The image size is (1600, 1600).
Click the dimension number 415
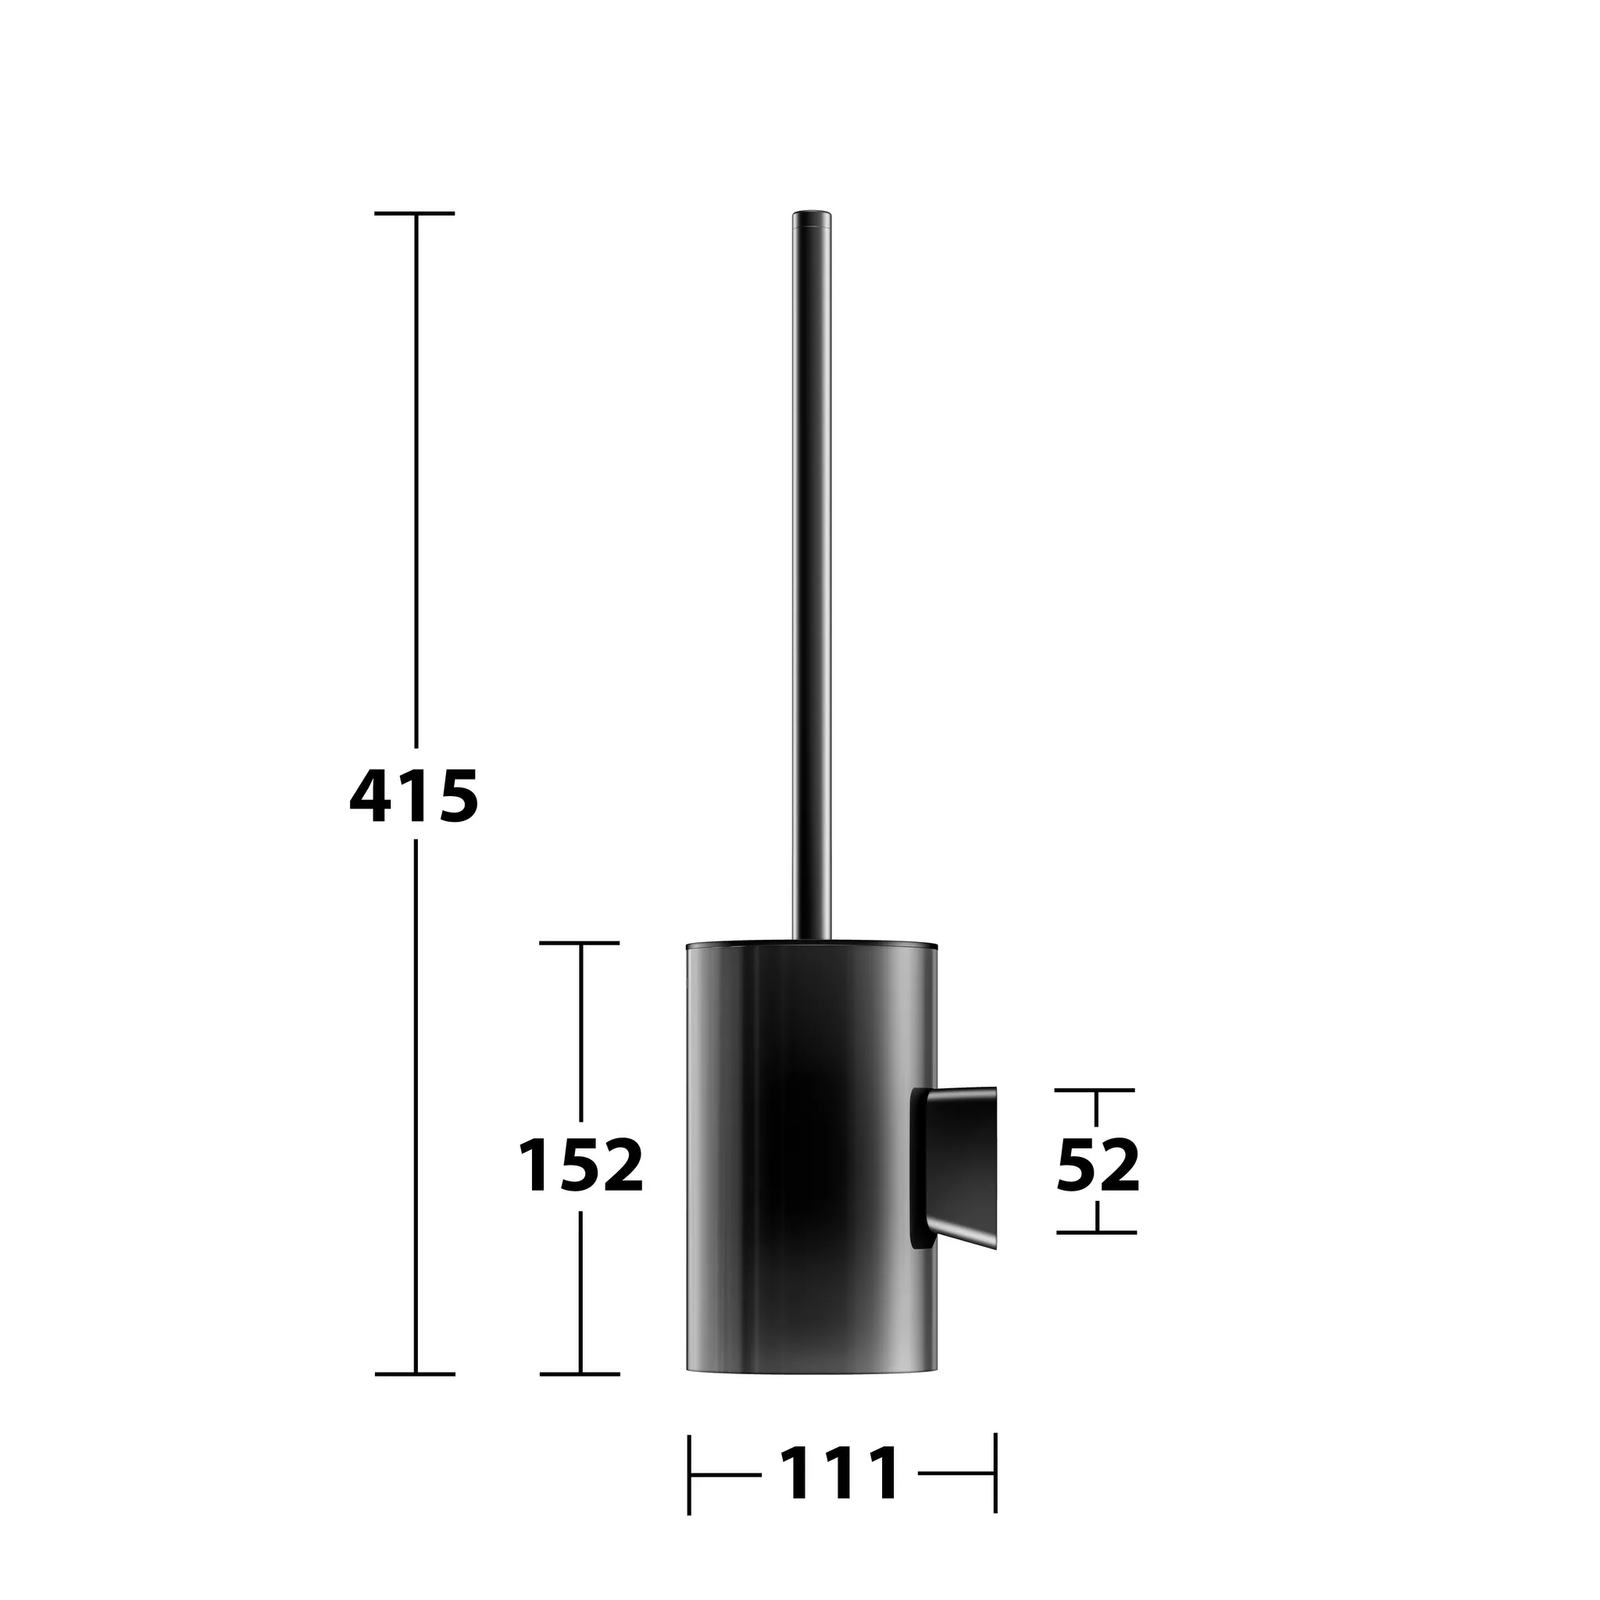pos(414,795)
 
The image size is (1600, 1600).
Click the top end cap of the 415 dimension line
pos(415,213)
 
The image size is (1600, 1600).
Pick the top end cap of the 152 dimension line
pos(580,942)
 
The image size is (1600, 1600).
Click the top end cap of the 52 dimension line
pos(1095,1090)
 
